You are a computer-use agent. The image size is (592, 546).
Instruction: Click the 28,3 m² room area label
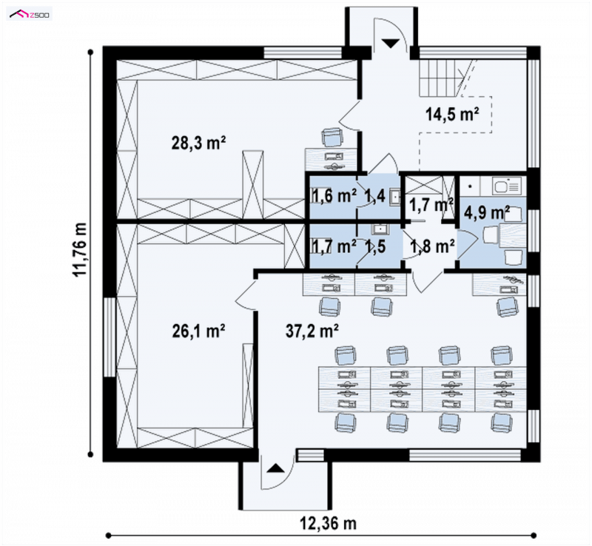[x=198, y=144]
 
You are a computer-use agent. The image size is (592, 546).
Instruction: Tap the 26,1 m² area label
[x=198, y=331]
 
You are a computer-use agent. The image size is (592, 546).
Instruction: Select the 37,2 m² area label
[x=312, y=331]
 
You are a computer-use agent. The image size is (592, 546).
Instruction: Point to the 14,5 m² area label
[x=452, y=114]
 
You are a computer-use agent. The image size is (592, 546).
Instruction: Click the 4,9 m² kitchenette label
[x=487, y=212]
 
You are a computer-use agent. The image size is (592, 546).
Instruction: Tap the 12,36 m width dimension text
[x=328, y=523]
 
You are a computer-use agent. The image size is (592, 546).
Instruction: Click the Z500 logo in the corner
[x=30, y=15]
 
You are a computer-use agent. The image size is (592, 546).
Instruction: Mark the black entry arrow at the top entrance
[x=391, y=43]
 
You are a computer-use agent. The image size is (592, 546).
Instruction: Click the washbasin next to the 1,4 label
[x=395, y=196]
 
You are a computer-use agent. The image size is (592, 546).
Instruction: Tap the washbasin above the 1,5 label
[x=378, y=229]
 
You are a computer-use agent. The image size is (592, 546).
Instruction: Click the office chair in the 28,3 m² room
[x=332, y=137]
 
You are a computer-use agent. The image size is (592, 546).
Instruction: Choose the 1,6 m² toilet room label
[x=334, y=196]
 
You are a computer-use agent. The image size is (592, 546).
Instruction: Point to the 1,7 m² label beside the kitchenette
[x=431, y=205]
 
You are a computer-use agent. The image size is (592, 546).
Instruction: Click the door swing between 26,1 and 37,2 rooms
[x=246, y=295]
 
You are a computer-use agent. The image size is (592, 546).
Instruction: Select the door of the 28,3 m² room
[x=349, y=115]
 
